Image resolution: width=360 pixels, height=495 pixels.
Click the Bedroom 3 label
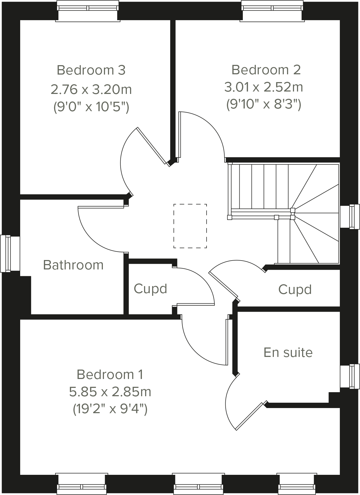pyautogui.click(x=91, y=70)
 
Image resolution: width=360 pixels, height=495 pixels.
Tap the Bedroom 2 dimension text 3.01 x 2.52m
pyautogui.click(x=264, y=87)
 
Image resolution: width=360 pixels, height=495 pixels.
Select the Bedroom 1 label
pyautogui.click(x=110, y=374)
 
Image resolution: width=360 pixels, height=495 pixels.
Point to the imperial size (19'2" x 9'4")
pyautogui.click(x=110, y=409)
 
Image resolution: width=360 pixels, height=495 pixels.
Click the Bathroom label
pyautogui.click(x=73, y=265)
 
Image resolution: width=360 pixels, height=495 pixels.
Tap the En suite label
pyautogui.click(x=288, y=352)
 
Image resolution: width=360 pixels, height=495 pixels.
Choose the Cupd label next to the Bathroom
pyautogui.click(x=150, y=289)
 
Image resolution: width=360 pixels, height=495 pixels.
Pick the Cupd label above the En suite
pyautogui.click(x=295, y=290)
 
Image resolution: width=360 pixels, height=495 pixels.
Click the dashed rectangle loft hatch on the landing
pyautogui.click(x=190, y=226)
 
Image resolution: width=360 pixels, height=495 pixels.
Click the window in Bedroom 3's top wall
pyautogui.click(x=88, y=11)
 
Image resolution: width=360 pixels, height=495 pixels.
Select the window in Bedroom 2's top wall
pyautogui.click(x=272, y=11)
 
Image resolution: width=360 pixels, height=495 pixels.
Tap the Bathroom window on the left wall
pyautogui.click(x=10, y=253)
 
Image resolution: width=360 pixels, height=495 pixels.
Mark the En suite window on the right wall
pyautogui.click(x=350, y=376)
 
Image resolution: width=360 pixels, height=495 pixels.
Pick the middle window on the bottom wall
pyautogui.click(x=198, y=483)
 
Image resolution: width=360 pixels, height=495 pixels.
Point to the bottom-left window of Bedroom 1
pyautogui.click(x=82, y=483)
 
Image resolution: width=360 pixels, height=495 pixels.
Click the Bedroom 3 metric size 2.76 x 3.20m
pyautogui.click(x=91, y=89)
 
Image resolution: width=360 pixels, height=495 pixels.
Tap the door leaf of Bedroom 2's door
pyautogui.click(x=180, y=135)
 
